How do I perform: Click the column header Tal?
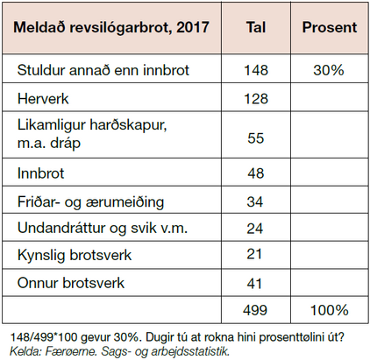click(x=256, y=27)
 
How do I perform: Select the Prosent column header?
click(x=330, y=27)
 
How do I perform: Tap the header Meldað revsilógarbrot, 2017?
click(x=111, y=28)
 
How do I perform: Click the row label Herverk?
click(x=43, y=99)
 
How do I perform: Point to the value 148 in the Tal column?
click(x=256, y=70)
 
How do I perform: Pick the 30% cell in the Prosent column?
click(x=329, y=70)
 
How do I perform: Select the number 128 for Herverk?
click(x=256, y=99)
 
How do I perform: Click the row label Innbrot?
click(x=40, y=173)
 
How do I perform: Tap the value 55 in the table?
click(x=256, y=138)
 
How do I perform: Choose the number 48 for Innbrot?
click(x=256, y=173)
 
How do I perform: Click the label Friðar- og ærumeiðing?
click(x=90, y=202)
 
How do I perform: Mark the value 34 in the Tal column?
click(x=255, y=201)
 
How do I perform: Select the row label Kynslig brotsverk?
click(x=75, y=255)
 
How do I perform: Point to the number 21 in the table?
click(x=254, y=254)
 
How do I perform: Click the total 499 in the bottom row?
click(x=255, y=310)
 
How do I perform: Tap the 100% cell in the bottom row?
click(x=330, y=310)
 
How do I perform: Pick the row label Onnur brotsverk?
click(x=71, y=283)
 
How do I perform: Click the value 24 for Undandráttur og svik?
click(x=255, y=229)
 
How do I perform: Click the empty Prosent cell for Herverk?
click(x=330, y=97)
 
